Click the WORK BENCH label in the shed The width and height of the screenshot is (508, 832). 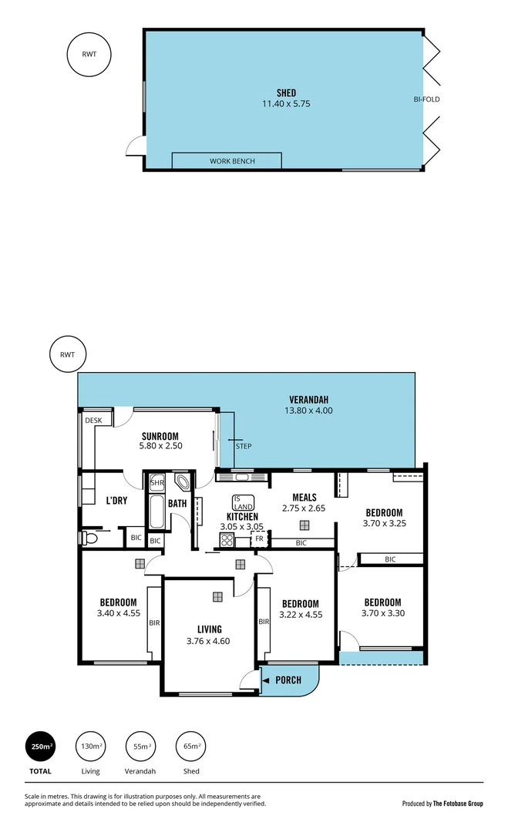232,161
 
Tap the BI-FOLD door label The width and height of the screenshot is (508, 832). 426,99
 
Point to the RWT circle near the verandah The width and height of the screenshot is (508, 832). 67,354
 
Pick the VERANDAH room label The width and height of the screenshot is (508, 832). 309,399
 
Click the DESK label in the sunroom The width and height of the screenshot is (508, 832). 93,420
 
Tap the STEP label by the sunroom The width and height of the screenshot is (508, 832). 244,446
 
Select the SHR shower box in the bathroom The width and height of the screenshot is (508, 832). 157,483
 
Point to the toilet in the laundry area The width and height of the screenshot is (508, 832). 89,537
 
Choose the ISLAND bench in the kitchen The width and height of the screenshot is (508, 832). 243,502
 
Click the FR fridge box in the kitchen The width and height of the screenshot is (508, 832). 259,539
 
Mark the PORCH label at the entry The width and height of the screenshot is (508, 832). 288,680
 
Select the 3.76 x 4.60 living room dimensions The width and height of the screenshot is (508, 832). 208,641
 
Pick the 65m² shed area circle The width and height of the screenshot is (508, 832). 191,746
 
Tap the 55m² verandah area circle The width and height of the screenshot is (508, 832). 140,746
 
